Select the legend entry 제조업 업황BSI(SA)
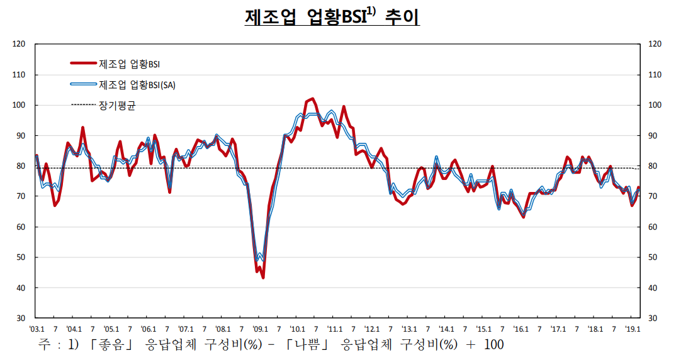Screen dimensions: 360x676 [x=137, y=85]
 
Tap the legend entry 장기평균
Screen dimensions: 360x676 [x=117, y=105]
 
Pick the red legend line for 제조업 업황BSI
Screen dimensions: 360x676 [x=83, y=64]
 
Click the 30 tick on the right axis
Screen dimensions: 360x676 [x=654, y=318]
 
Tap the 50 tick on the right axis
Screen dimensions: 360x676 [x=654, y=257]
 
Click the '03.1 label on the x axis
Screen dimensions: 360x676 [x=36, y=329]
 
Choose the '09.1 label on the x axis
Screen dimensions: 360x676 [x=260, y=329]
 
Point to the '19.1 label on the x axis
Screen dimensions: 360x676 [x=632, y=329]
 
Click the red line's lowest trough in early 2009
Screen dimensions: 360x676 [x=263, y=278]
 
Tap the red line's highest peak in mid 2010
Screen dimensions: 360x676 [x=313, y=99]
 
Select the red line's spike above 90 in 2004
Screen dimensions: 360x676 [x=82, y=127]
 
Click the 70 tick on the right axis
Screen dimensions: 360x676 [x=654, y=196]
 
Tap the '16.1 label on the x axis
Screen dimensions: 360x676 [x=521, y=329]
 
